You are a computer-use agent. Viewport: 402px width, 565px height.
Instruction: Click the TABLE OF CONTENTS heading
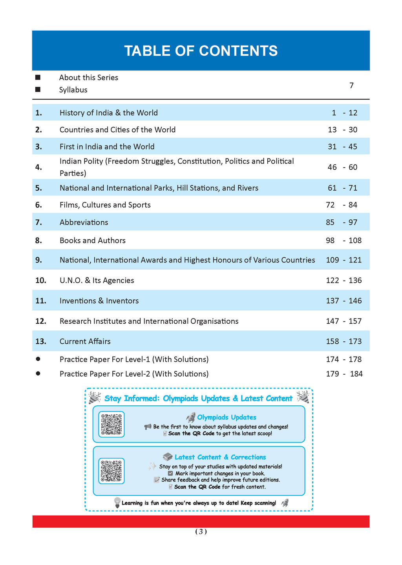(201, 51)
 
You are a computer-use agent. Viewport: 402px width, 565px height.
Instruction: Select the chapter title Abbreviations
(84, 222)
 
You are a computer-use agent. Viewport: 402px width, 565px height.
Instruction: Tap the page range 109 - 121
(344, 260)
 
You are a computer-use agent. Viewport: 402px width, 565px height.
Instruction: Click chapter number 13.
(41, 341)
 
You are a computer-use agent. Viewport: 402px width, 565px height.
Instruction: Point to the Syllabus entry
(73, 90)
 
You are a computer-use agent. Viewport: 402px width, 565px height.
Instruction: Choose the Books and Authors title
(92, 241)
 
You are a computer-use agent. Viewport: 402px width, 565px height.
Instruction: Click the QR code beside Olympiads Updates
(111, 424)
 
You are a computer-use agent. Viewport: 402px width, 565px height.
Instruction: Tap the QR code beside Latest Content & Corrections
(111, 471)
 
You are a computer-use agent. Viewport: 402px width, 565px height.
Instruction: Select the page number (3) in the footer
(201, 532)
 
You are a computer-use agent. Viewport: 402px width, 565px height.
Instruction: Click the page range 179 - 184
(344, 374)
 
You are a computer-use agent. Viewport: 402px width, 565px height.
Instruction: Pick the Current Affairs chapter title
(85, 341)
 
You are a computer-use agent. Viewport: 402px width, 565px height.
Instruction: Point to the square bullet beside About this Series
(38, 77)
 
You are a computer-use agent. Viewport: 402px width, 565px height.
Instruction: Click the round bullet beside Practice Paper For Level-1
(38, 359)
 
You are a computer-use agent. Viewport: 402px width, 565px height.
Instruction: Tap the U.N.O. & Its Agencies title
(97, 281)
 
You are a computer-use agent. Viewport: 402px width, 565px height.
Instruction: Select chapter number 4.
(38, 167)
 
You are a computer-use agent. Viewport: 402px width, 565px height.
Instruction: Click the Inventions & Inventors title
(99, 301)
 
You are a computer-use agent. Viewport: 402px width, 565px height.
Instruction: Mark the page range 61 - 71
(342, 188)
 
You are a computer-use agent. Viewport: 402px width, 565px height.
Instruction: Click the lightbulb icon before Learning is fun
(117, 502)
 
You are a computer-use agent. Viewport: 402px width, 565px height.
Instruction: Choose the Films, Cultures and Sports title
(105, 205)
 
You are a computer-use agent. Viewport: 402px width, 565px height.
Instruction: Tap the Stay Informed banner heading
(198, 399)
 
